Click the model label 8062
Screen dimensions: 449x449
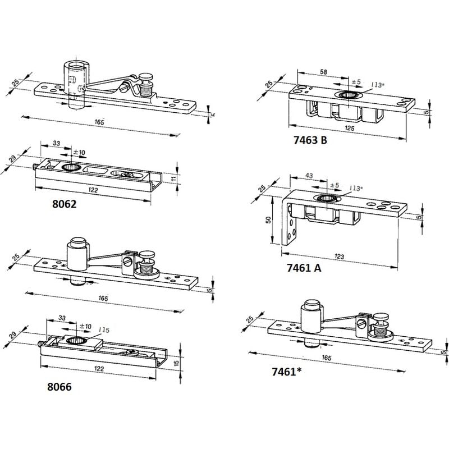(x=65, y=204)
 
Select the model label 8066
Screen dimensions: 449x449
(x=59, y=387)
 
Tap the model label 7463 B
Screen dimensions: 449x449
(x=310, y=140)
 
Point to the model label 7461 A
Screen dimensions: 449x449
(x=304, y=268)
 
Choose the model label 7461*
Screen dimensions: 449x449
(x=286, y=372)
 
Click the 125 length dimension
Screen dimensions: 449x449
(x=349, y=128)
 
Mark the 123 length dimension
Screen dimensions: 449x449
(x=339, y=256)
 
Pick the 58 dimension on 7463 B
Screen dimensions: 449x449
(x=323, y=72)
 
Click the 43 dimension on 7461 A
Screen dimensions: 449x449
(x=309, y=176)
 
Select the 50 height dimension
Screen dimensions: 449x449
(x=269, y=220)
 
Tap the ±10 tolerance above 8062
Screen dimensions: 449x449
(x=79, y=152)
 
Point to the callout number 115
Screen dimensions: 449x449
(x=104, y=330)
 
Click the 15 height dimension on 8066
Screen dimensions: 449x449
(x=176, y=363)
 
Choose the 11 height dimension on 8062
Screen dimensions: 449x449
(x=173, y=179)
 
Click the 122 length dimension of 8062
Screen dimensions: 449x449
(x=93, y=190)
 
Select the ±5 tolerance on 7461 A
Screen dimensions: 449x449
(x=335, y=185)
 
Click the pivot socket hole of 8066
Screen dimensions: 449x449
(x=76, y=341)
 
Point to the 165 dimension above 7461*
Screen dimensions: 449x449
(x=327, y=358)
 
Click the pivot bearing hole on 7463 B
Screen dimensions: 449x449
(x=349, y=94)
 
